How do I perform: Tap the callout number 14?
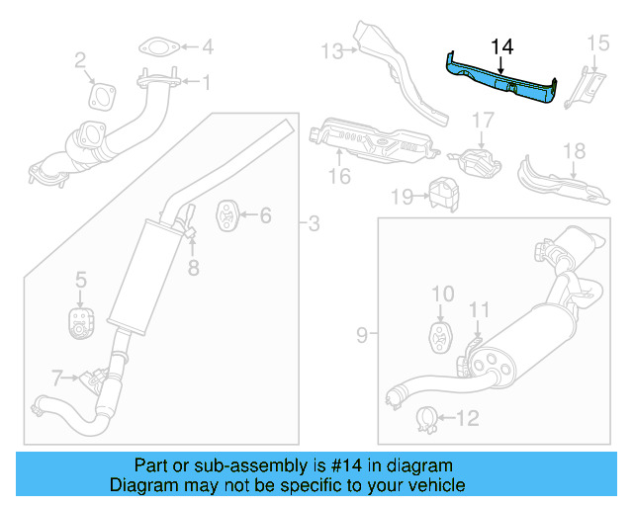click(x=501, y=45)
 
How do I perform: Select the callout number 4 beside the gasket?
click(x=208, y=46)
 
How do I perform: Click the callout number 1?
click(x=207, y=83)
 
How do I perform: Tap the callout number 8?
click(x=194, y=267)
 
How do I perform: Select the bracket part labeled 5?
click(x=79, y=321)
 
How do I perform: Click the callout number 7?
click(x=57, y=377)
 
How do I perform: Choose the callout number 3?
click(x=314, y=225)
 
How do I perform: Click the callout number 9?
click(x=362, y=335)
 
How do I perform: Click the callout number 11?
click(x=479, y=310)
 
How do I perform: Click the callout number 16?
click(x=339, y=177)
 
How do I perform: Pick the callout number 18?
click(x=575, y=151)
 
